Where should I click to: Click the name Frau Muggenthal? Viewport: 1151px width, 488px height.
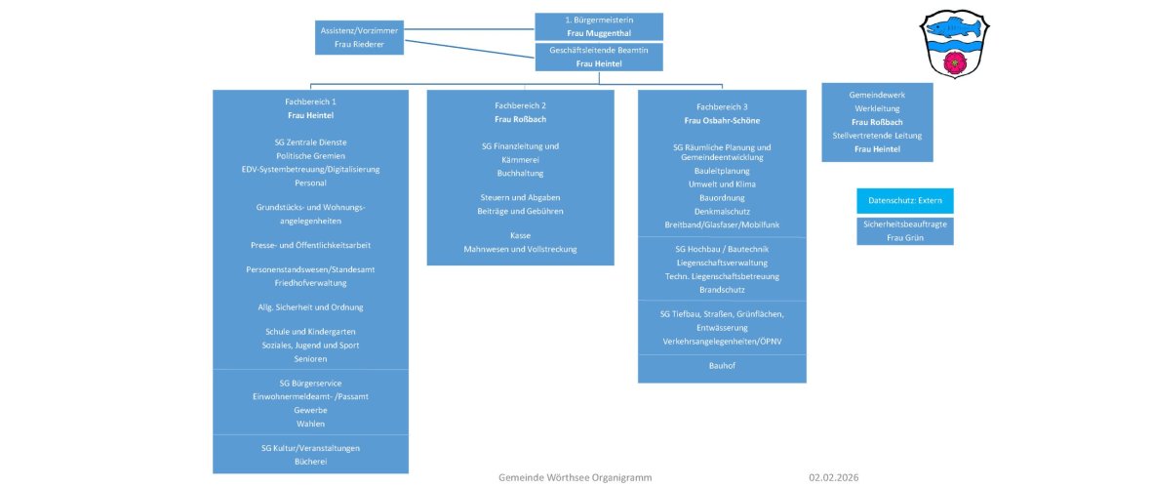(x=599, y=33)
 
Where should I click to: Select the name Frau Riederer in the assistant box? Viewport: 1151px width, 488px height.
(x=359, y=45)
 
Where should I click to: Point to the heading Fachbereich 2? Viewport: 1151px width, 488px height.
(x=520, y=104)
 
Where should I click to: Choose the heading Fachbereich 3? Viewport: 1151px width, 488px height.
(x=722, y=105)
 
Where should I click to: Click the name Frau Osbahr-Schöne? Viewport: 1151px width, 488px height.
(x=722, y=120)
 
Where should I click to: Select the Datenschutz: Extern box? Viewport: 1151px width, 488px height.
(x=904, y=201)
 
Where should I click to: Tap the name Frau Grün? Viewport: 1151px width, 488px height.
(x=904, y=237)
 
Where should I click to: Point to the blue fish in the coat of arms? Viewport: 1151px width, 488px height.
(x=953, y=25)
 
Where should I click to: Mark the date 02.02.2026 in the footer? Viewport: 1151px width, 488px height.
(x=834, y=477)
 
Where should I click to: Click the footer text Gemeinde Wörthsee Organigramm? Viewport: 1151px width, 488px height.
(x=575, y=477)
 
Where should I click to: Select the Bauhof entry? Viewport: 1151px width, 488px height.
(x=722, y=367)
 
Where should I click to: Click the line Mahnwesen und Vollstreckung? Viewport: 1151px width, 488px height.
(x=520, y=250)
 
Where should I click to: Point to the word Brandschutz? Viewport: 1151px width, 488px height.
(x=722, y=290)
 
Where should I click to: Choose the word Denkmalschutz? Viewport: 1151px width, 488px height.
(x=722, y=211)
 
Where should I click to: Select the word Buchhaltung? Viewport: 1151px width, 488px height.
(x=520, y=173)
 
